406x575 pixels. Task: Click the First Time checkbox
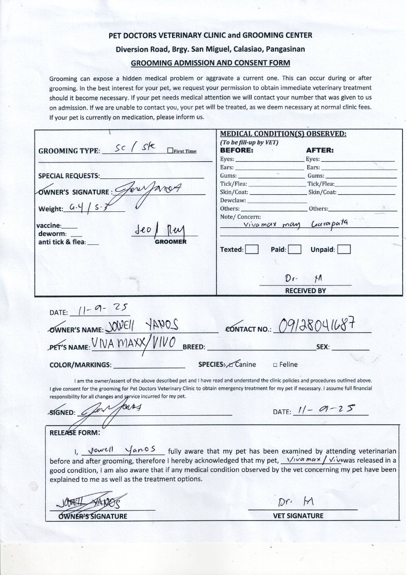click(169, 151)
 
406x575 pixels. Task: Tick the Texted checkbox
click(252, 249)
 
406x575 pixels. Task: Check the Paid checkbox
click(295, 249)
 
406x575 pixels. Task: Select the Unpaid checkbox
click(344, 249)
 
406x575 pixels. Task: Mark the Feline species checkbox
click(275, 365)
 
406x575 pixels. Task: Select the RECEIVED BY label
click(305, 291)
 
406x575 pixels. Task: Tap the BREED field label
click(194, 347)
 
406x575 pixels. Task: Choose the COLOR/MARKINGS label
click(80, 365)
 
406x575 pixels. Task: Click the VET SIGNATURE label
click(298, 515)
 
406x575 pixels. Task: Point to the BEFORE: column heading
click(237, 150)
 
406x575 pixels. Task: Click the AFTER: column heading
click(319, 150)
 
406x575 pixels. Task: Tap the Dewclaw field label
click(232, 200)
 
